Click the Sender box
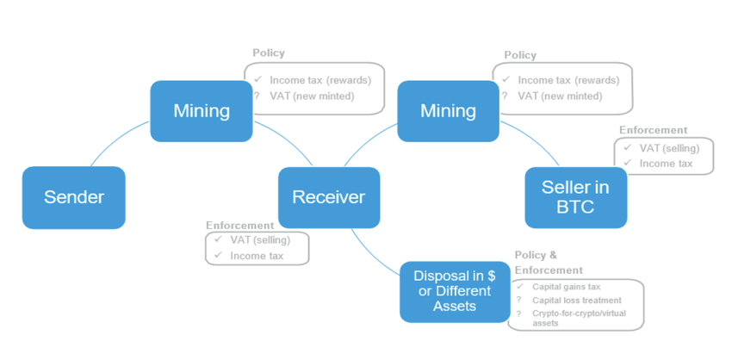click(73, 197)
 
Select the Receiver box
click(328, 197)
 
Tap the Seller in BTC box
click(575, 197)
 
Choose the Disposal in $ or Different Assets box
click(454, 291)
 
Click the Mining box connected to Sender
click(201, 111)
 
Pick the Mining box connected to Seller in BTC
click(448, 111)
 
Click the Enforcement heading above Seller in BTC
click(653, 130)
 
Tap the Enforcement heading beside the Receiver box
click(239, 226)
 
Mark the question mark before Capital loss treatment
click(519, 300)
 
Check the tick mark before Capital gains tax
click(519, 286)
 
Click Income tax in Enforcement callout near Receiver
click(256, 256)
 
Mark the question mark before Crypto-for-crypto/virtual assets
click(519, 313)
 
